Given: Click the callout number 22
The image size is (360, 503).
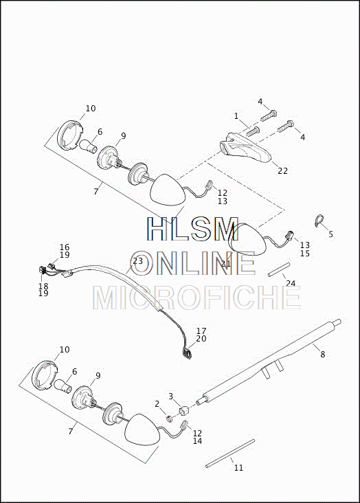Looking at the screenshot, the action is pyautogui.click(x=282, y=171).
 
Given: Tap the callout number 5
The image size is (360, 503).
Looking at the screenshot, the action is pyautogui.click(x=331, y=234).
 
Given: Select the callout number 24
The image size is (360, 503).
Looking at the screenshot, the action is pyautogui.click(x=291, y=283).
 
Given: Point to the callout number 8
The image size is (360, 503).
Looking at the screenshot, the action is pyautogui.click(x=323, y=354).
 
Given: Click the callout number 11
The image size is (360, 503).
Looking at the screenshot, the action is pyautogui.click(x=238, y=468).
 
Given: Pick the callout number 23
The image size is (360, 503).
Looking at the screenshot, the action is pyautogui.click(x=137, y=261).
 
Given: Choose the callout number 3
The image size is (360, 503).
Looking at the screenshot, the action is pyautogui.click(x=170, y=396).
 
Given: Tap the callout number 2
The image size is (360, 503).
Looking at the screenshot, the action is pyautogui.click(x=157, y=404).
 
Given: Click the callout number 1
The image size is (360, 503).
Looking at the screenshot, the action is pyautogui.click(x=236, y=116).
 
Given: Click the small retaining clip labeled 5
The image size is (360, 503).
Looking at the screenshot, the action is pyautogui.click(x=319, y=220).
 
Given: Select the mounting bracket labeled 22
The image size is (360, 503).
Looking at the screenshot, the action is pyautogui.click(x=245, y=148).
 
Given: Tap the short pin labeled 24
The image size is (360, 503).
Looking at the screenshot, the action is pyautogui.click(x=279, y=269).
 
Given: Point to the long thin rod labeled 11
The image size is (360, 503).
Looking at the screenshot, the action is pyautogui.click(x=230, y=454).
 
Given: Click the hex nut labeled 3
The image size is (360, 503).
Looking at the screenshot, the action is pyautogui.click(x=184, y=410).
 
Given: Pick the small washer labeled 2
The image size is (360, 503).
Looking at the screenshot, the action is pyautogui.click(x=169, y=418).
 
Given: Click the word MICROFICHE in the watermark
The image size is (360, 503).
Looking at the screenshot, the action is pyautogui.click(x=197, y=298).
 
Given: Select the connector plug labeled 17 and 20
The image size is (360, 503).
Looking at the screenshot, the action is pyautogui.click(x=187, y=354).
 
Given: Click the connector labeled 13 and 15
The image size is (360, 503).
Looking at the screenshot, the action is pyautogui.click(x=290, y=236).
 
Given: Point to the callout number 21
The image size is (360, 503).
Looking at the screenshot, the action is pyautogui.click(x=226, y=264).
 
